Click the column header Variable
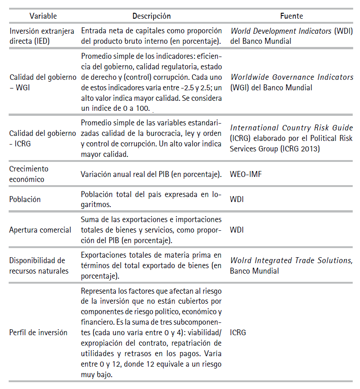[x=43, y=16]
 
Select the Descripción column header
[x=151, y=16]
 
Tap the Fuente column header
[x=292, y=16]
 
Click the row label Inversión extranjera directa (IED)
[x=41, y=36]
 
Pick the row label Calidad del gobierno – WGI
[x=43, y=83]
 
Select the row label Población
[x=25, y=199]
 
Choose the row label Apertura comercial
[x=40, y=230]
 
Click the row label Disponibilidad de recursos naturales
[x=39, y=265]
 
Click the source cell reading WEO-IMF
[x=246, y=174]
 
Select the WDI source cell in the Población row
[x=237, y=199]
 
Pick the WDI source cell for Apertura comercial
[x=237, y=230]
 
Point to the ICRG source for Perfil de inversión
[x=238, y=332]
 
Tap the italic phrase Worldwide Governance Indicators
[x=292, y=77]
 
